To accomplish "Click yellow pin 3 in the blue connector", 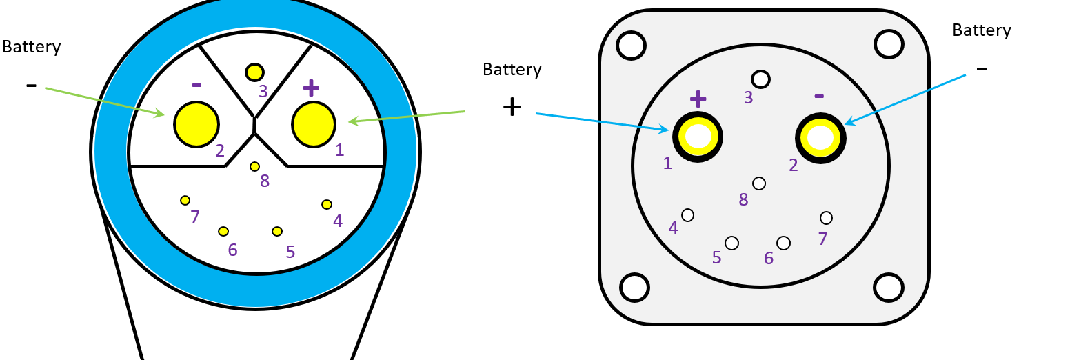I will point(254,72).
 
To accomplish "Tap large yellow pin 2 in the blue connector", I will point(196,124).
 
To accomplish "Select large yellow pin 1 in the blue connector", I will point(314,124).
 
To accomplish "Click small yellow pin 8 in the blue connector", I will point(255,166).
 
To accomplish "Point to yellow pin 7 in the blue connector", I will point(185,200).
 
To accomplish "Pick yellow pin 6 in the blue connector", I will point(223,231).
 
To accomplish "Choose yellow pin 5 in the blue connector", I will point(277,231).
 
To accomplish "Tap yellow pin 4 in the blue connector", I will point(327,204).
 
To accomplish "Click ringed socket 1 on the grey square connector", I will point(698,137).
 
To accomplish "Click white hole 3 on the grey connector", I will point(760,79).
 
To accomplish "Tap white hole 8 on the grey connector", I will point(759,183).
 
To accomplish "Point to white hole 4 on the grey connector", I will point(687,215).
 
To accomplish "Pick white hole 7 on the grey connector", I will point(826,218).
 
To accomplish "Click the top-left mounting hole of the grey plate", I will point(631,45).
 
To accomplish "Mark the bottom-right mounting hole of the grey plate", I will point(889,286).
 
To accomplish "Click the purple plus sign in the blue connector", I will point(312,88).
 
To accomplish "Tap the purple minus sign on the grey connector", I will point(819,95).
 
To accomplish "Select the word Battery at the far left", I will point(32,47).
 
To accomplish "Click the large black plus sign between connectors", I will point(512,107).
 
